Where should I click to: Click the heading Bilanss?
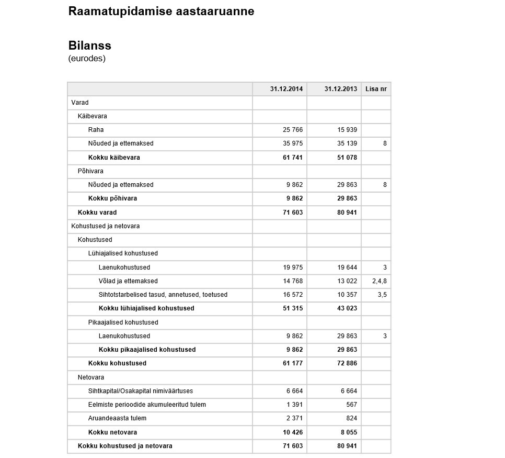click(x=89, y=45)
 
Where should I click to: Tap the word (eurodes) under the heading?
click(x=87, y=58)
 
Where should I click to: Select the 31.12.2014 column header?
click(x=286, y=89)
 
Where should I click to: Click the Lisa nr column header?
click(x=376, y=89)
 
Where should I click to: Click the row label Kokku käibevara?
click(x=114, y=158)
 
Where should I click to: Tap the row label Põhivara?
click(x=90, y=171)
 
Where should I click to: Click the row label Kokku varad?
click(x=97, y=213)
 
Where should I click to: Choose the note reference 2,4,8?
click(x=380, y=281)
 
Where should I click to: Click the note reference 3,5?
click(x=382, y=295)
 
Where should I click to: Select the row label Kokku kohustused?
click(x=117, y=363)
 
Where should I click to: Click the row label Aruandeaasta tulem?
click(x=117, y=418)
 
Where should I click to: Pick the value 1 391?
click(x=295, y=405)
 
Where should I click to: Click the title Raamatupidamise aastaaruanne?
click(x=161, y=11)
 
